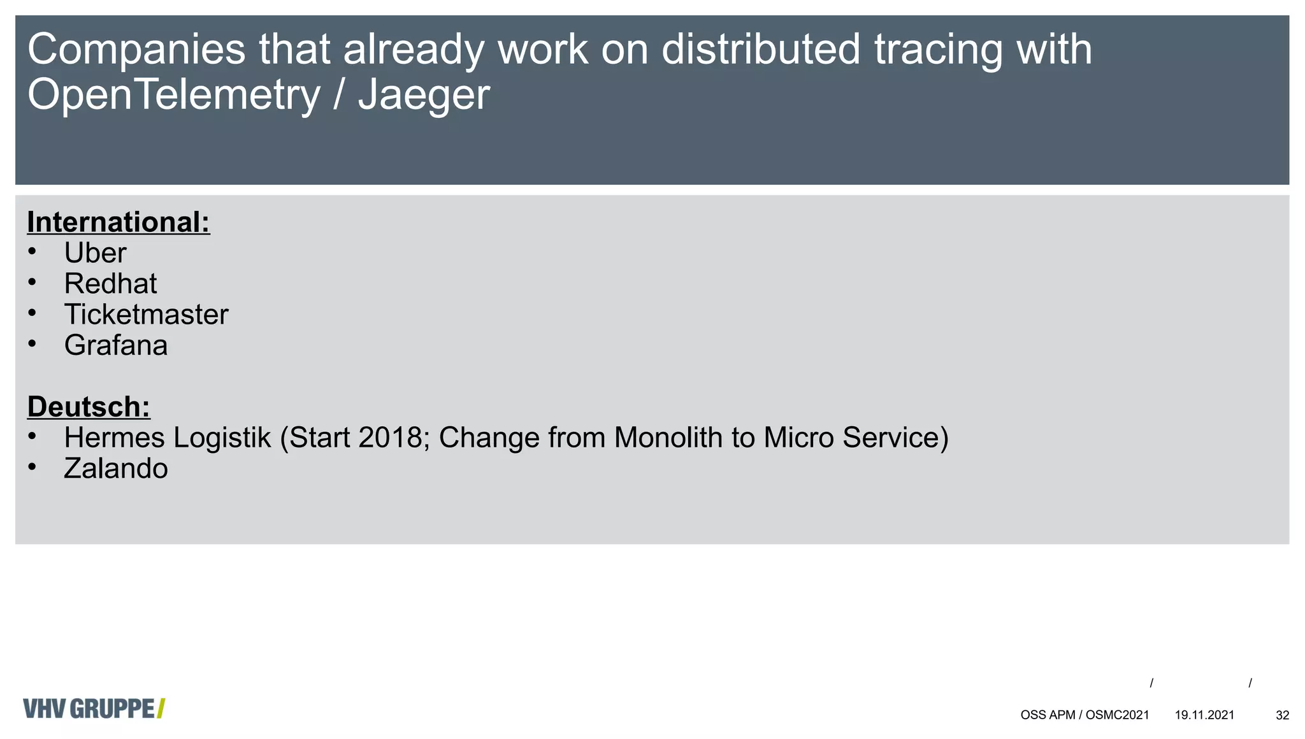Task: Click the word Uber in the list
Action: pos(95,253)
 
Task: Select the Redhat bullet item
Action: pos(110,283)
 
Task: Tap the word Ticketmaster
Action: pos(146,315)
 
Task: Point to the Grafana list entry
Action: pos(115,345)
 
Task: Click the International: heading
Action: pos(119,222)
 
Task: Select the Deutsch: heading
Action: pos(89,407)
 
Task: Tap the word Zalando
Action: pos(115,469)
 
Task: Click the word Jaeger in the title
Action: pos(424,96)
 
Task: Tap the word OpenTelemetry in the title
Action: pos(173,96)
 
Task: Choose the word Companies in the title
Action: pos(136,50)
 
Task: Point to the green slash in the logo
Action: pos(161,708)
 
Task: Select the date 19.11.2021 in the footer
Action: pos(1204,715)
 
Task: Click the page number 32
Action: pos(1282,715)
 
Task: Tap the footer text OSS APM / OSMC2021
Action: pos(1085,715)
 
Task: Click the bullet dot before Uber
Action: pos(32,252)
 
